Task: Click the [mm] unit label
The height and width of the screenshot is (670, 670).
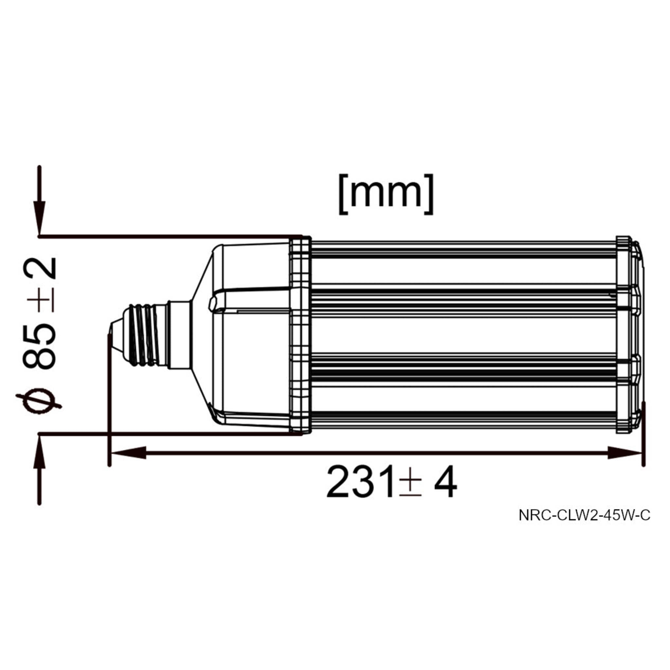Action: click(386, 195)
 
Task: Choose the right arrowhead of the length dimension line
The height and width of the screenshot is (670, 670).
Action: click(625, 453)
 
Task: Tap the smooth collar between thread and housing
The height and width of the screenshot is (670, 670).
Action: click(179, 335)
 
